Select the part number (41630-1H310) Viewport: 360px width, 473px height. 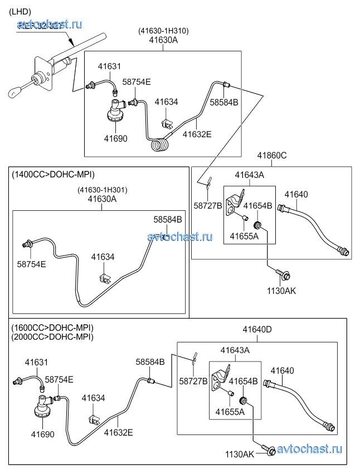163,31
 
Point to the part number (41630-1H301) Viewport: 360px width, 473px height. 102,190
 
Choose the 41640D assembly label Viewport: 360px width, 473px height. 257,330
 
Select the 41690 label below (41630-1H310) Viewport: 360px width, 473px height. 115,138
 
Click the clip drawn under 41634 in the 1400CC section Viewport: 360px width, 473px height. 104,277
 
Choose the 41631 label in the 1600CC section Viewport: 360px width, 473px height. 36,363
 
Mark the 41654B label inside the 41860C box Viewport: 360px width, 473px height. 257,206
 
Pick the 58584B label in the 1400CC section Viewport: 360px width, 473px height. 168,220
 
